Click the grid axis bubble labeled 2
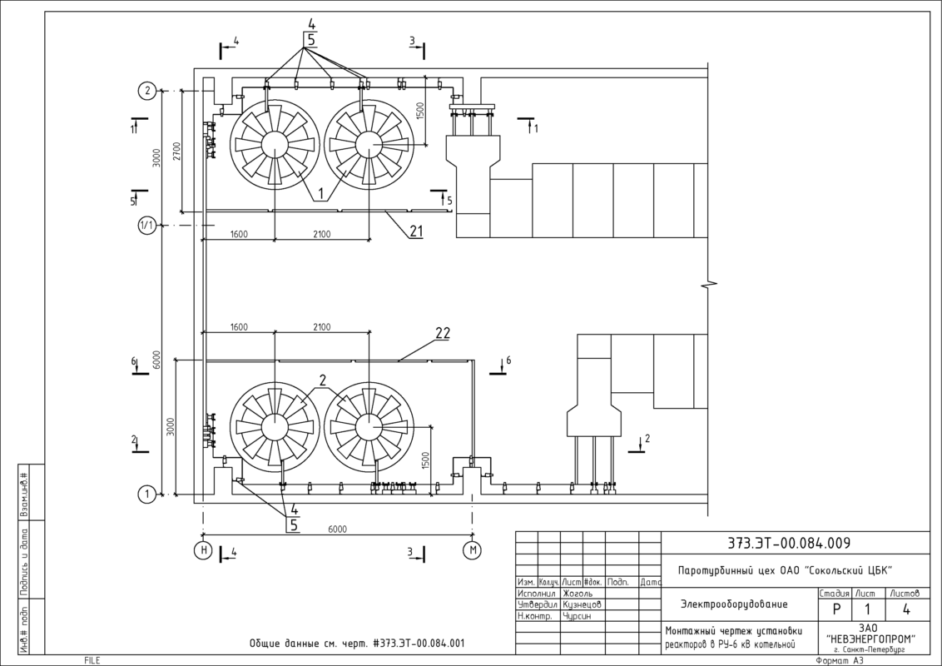[147, 92]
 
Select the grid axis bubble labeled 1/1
[147, 226]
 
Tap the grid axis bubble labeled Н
[204, 550]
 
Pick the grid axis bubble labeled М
[472, 550]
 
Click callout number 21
[417, 231]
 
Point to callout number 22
[443, 333]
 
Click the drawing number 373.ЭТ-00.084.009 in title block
[789, 544]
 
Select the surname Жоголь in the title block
[578, 594]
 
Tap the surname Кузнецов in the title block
[583, 604]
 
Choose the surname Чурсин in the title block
[577, 616]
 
